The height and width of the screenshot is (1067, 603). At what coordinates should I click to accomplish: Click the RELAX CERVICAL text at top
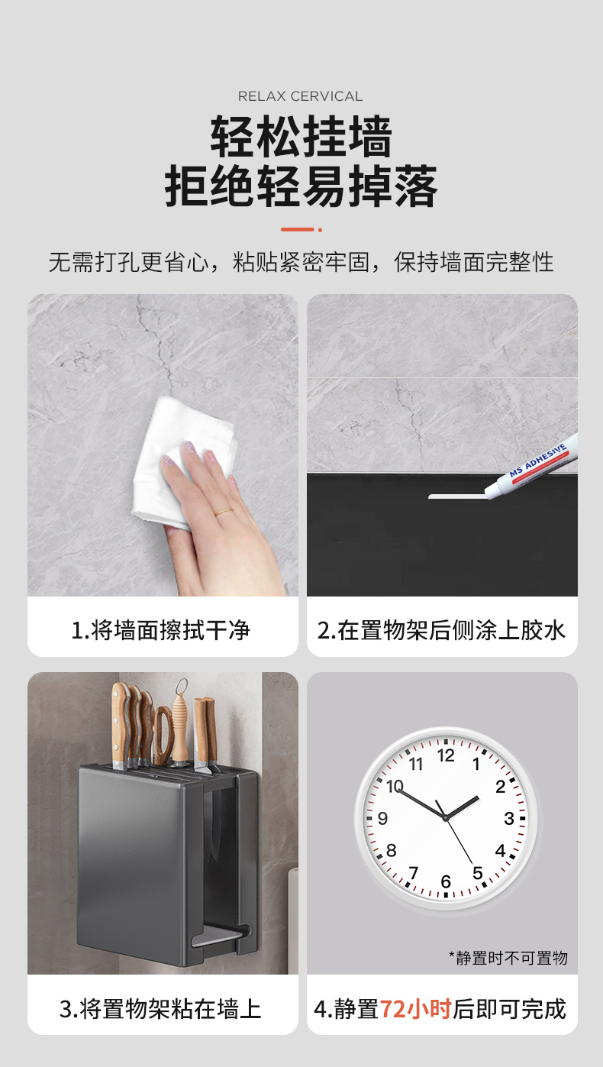point(301,96)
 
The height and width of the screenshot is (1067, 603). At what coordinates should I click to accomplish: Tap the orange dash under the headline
point(298,229)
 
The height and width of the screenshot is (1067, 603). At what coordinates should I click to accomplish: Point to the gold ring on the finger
point(224,512)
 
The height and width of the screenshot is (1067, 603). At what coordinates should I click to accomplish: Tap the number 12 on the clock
point(446,755)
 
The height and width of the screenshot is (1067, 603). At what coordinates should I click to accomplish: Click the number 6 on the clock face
point(446,882)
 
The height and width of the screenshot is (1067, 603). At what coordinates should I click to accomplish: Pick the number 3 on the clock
point(509,819)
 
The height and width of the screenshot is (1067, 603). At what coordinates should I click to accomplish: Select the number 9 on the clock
point(382,819)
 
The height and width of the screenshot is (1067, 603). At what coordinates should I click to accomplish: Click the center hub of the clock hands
point(446,818)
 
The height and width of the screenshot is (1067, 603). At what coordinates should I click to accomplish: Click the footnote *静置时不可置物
point(508,957)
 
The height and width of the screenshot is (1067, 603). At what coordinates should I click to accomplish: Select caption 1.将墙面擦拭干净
point(161,630)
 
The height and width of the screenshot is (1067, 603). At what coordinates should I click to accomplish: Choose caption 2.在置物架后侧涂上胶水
point(442,630)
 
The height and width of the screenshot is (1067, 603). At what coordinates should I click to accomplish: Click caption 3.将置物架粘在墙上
point(161,1009)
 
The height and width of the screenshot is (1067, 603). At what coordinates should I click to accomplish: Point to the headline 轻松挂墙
point(301,137)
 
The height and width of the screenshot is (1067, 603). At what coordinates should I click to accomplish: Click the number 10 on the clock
point(395,786)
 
